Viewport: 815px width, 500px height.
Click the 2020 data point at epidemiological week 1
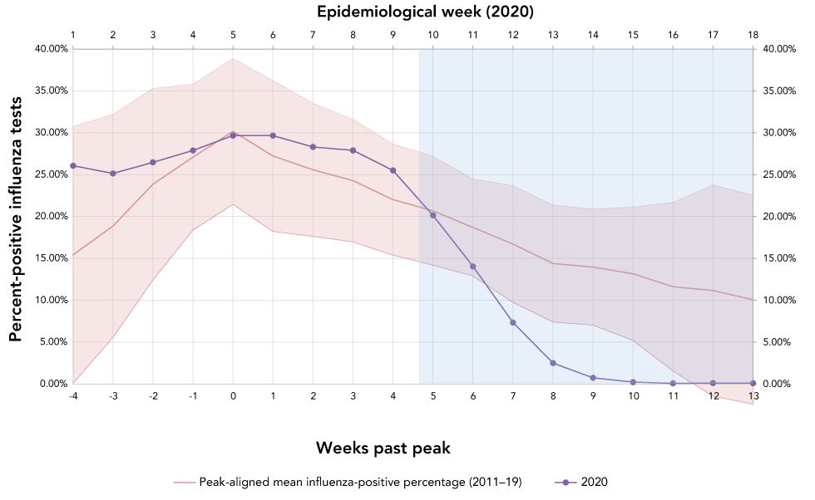[73, 166]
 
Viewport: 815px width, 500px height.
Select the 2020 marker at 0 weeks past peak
[233, 135]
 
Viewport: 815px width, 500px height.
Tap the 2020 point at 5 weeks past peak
[432, 215]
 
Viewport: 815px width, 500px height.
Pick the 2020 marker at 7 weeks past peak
[513, 322]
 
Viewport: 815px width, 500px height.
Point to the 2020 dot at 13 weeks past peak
[753, 383]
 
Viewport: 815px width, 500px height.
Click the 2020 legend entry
[587, 482]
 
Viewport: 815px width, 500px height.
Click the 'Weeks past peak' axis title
[383, 448]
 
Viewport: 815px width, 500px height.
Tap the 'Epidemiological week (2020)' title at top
[413, 12]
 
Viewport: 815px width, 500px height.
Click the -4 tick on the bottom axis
[73, 396]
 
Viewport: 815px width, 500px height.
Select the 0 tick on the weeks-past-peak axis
[233, 396]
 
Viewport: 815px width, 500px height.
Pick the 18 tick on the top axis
[753, 35]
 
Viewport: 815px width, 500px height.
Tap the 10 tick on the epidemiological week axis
[432, 35]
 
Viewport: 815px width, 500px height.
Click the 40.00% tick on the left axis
[51, 49]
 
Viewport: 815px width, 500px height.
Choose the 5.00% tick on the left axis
[53, 341]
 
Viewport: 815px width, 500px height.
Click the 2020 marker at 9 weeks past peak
[593, 378]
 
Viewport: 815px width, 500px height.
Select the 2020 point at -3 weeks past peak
[113, 174]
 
